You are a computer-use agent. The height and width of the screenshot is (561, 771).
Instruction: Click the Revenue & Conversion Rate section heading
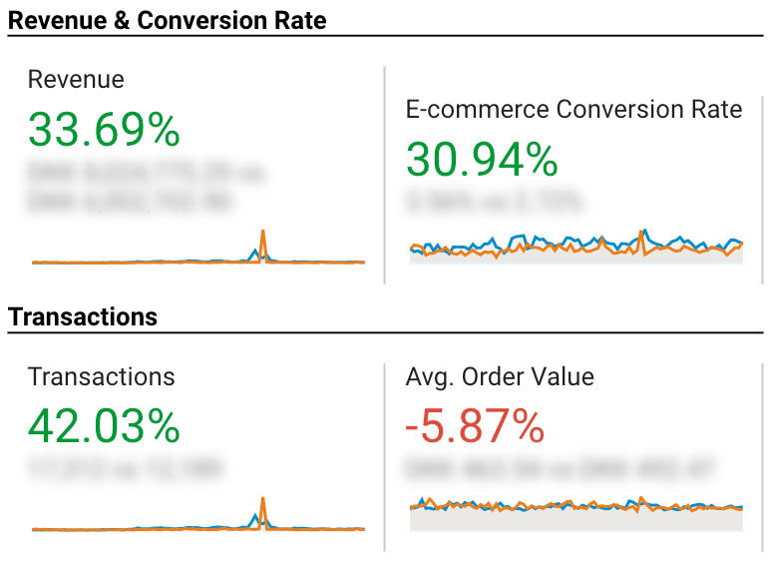click(168, 20)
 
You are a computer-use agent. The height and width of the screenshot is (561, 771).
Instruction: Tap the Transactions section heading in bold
click(83, 317)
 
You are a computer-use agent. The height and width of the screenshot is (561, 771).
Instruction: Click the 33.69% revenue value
click(104, 130)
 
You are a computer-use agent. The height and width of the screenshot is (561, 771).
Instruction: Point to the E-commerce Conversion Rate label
click(574, 110)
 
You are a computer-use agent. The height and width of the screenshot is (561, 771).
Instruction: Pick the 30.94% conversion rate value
click(482, 160)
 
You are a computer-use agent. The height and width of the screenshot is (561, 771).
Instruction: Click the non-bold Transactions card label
click(101, 377)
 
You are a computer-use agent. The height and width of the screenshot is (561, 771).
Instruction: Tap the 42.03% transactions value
click(104, 427)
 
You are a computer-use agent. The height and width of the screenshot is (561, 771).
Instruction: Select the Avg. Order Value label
click(500, 377)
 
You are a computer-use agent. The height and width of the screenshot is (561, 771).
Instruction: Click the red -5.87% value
click(475, 427)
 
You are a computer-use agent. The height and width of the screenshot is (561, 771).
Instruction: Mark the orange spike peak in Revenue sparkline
click(263, 232)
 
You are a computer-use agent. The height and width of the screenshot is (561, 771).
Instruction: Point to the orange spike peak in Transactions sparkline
click(263, 498)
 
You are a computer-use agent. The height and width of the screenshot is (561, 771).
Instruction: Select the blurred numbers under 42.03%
click(126, 467)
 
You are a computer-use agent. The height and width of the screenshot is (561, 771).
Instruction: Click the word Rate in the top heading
click(299, 20)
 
